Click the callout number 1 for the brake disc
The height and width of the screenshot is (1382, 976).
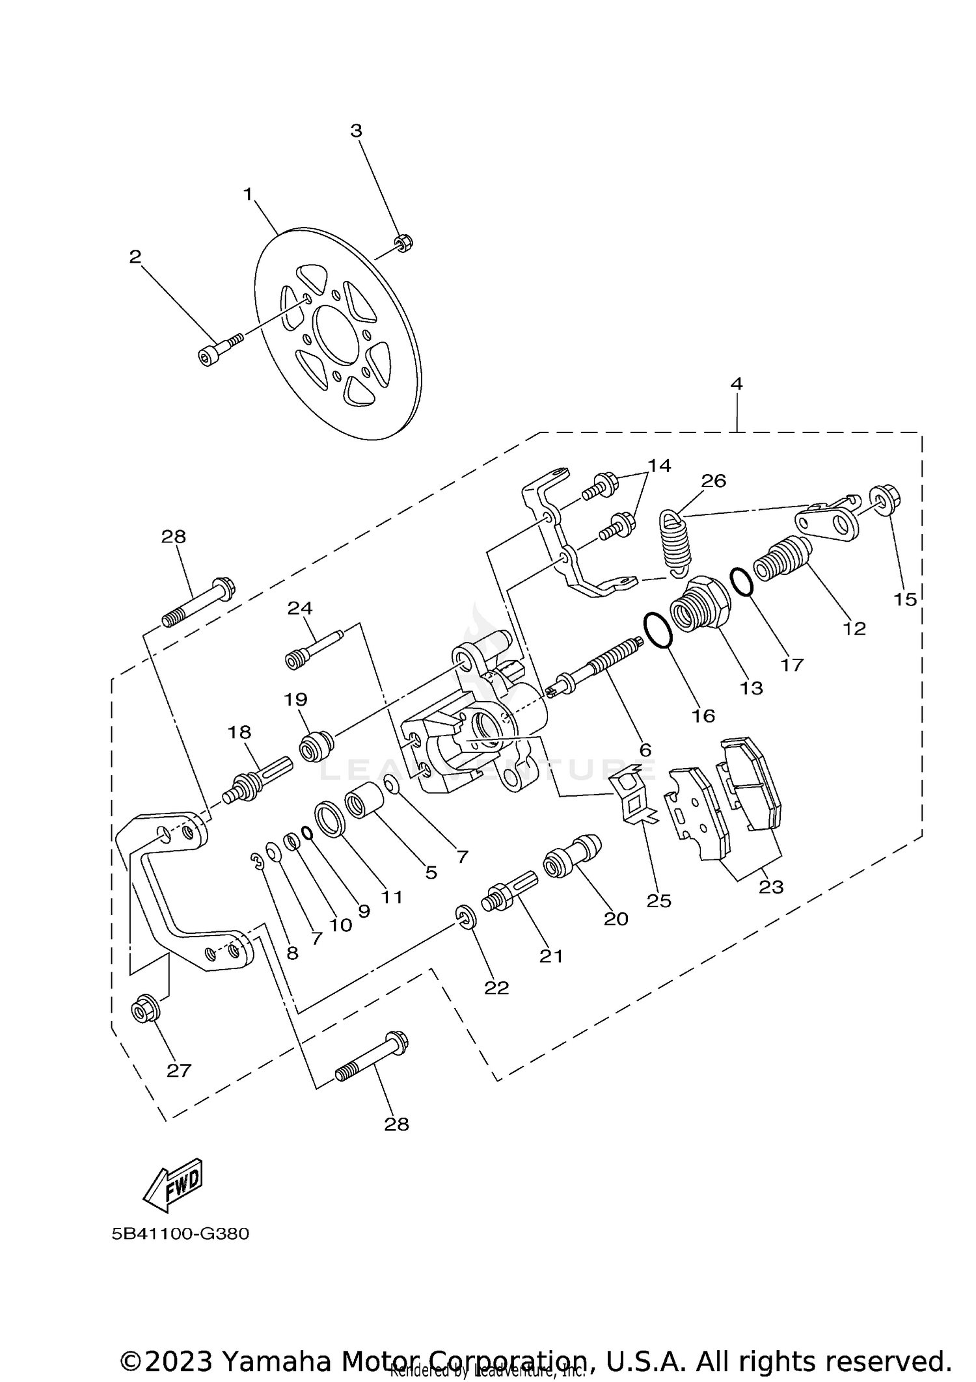(x=248, y=194)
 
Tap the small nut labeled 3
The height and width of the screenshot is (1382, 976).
(x=403, y=243)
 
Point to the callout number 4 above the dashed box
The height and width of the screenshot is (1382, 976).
(x=736, y=384)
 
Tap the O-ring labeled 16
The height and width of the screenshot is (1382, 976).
(x=657, y=630)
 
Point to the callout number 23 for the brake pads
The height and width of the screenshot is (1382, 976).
(x=771, y=887)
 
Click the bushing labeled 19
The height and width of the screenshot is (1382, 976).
(x=316, y=746)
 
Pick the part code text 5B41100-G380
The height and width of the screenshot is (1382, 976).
(x=180, y=1233)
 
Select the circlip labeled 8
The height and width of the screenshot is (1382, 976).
(x=258, y=862)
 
